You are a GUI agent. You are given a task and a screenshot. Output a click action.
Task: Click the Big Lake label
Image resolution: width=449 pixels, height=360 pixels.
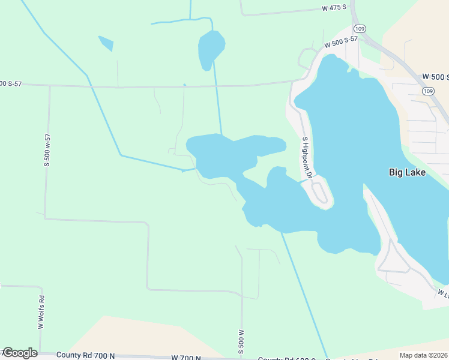(407, 173)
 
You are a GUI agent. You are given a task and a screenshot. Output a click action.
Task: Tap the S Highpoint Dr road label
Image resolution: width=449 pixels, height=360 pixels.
(307, 158)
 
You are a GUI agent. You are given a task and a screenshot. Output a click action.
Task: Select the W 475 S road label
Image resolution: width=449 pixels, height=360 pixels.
(335, 8)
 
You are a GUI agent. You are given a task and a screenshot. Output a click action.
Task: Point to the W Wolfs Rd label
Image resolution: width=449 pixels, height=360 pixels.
(41, 312)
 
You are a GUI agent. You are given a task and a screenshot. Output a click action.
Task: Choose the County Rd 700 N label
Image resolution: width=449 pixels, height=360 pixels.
(85, 355)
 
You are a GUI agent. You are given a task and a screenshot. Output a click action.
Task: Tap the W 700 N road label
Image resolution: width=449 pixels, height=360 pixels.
(185, 358)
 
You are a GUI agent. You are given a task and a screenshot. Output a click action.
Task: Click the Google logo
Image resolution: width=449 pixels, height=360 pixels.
(19, 353)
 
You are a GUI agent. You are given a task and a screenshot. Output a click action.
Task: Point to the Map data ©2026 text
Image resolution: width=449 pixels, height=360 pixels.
(424, 355)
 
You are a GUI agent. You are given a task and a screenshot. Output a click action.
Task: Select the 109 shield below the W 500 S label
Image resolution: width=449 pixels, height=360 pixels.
(427, 91)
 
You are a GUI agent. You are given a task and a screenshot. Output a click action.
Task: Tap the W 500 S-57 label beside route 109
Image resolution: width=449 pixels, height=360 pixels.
(341, 42)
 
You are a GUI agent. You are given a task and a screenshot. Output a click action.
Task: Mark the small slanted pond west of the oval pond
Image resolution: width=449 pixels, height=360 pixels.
(106, 43)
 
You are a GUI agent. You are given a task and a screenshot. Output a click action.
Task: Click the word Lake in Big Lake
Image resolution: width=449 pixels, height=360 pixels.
(415, 173)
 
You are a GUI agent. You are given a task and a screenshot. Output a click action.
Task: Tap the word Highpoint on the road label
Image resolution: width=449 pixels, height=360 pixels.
(307, 161)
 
